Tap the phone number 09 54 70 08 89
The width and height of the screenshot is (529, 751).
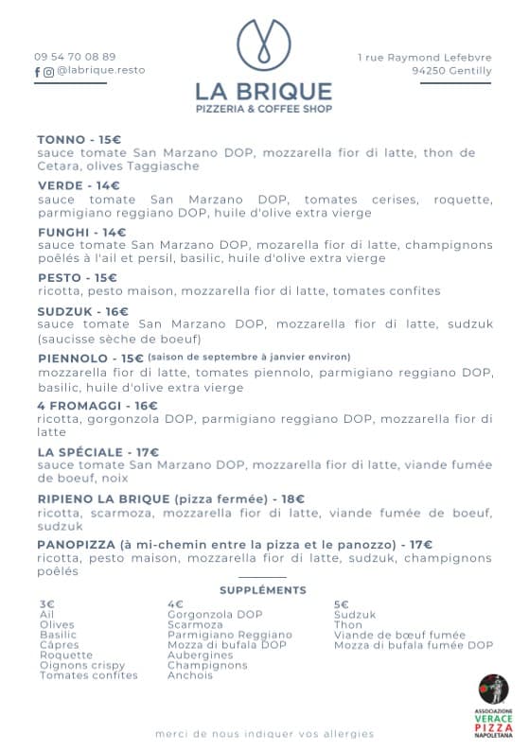[x=75, y=57]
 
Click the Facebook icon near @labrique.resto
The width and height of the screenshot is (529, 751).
[x=38, y=71]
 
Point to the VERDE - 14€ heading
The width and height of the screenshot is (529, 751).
[x=79, y=185]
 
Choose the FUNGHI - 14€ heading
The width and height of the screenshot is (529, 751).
[x=81, y=232]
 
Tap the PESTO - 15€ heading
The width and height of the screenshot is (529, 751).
[x=77, y=278]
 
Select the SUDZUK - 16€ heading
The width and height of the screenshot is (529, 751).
[x=82, y=311]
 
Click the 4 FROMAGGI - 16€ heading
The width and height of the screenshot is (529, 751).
[x=97, y=406]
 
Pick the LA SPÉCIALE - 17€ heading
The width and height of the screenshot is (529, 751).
[x=98, y=452]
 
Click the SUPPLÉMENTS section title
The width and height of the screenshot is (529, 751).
[x=262, y=590]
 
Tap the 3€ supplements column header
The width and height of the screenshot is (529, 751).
[x=47, y=603]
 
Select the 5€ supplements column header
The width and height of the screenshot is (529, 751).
[x=341, y=603]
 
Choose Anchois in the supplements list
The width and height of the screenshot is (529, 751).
[x=189, y=675]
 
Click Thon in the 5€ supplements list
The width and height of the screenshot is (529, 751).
[x=347, y=624]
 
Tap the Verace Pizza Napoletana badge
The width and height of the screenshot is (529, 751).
[x=492, y=706]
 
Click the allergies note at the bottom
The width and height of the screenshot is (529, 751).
[x=264, y=734]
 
